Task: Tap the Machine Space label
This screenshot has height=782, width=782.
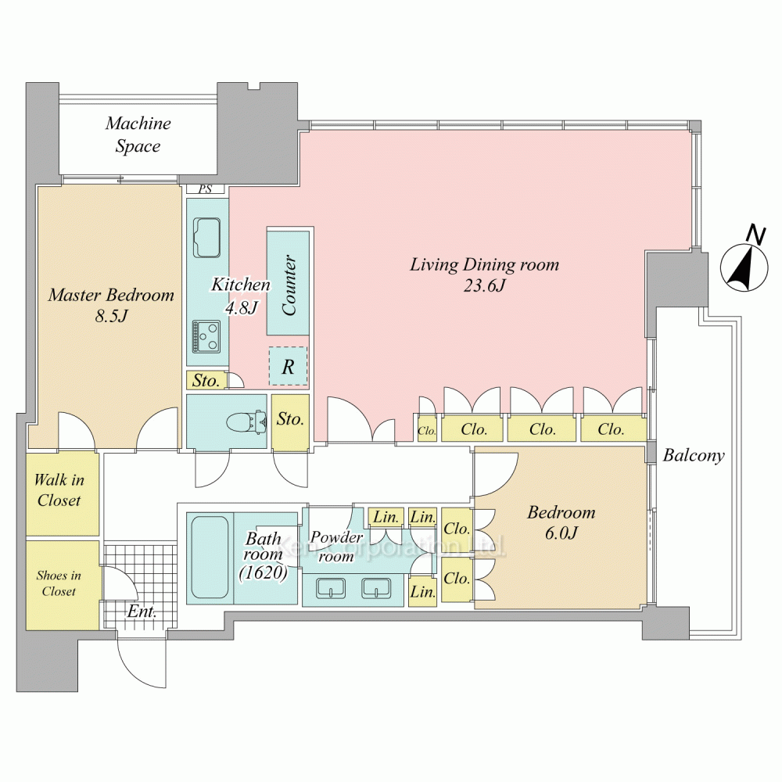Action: pos(138,135)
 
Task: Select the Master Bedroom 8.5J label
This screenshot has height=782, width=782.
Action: pos(110,306)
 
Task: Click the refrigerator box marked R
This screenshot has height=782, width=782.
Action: pos(288,367)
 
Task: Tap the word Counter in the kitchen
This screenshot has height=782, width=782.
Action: pos(289,285)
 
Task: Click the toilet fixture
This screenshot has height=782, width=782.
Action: pos(243,422)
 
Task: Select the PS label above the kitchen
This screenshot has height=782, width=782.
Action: pos(206,188)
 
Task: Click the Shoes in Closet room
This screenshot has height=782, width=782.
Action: pos(59,583)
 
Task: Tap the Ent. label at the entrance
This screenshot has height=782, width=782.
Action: pos(142,611)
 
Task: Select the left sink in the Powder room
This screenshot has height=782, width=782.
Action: pos(332,588)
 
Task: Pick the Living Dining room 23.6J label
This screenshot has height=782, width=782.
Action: pos(485,274)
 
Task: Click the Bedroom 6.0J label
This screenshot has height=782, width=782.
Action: pos(561,523)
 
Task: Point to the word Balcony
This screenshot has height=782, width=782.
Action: pos(694,456)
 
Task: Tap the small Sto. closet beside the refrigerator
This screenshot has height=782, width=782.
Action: pos(206,382)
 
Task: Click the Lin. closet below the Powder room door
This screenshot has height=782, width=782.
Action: pos(423,592)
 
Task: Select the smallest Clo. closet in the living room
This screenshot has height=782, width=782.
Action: pos(426,430)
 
